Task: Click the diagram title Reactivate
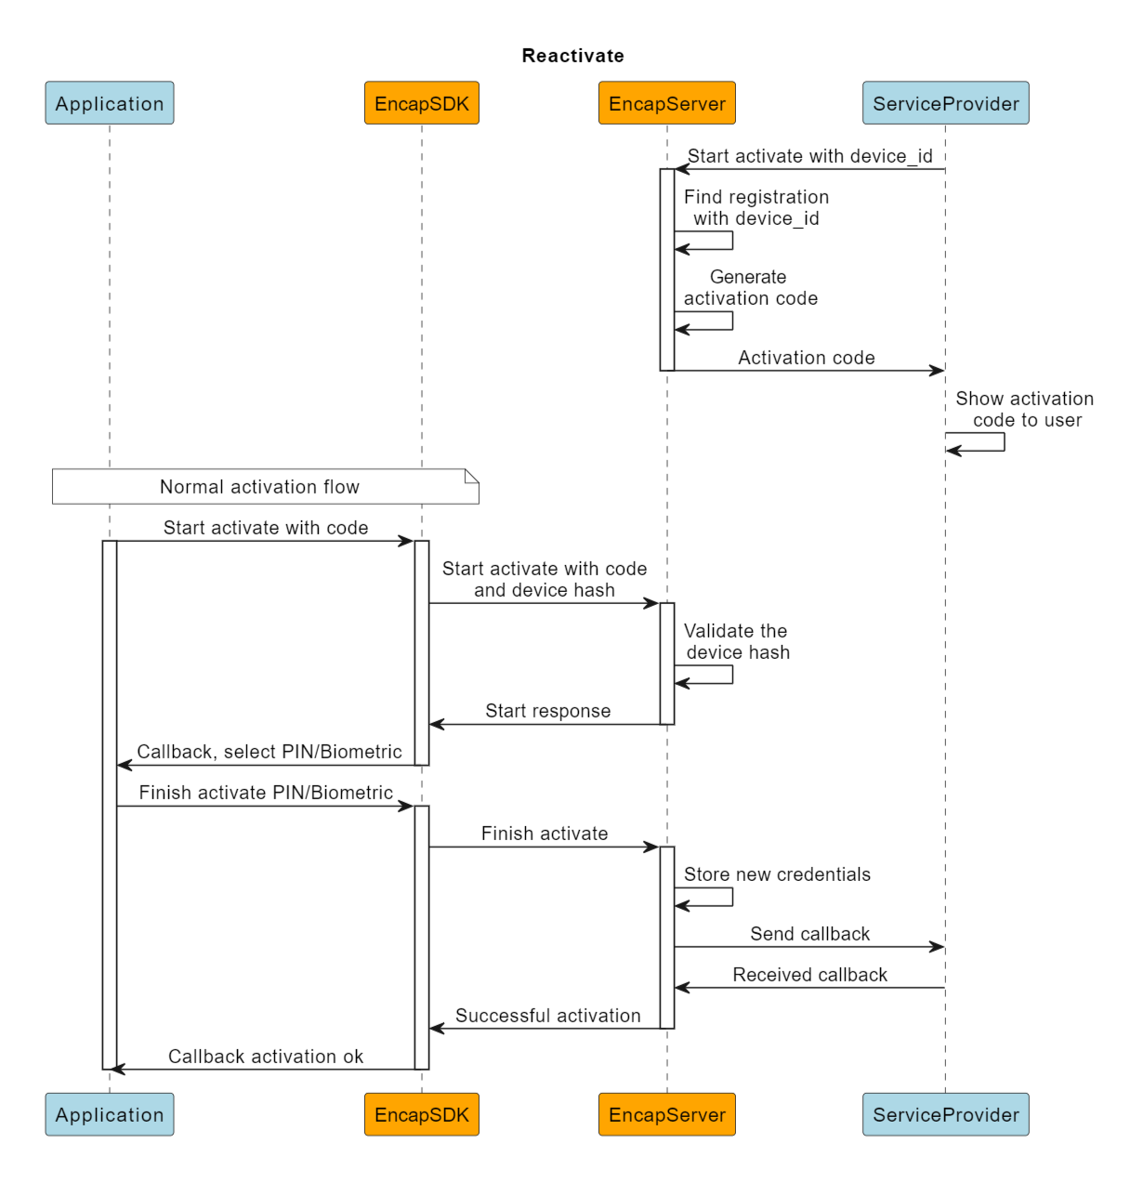click(572, 56)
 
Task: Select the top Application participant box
click(110, 103)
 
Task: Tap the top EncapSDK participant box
click(421, 103)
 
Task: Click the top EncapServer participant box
click(666, 103)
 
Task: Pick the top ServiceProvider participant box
click(945, 103)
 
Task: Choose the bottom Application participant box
click(110, 1114)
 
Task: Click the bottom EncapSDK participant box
click(421, 1114)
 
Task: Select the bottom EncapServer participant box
click(666, 1114)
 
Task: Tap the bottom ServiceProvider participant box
click(945, 1114)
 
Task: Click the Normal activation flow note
click(260, 487)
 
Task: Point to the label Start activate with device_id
click(809, 156)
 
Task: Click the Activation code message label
click(806, 358)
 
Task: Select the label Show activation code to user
click(1024, 409)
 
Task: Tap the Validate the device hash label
click(737, 641)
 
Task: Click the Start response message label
click(547, 711)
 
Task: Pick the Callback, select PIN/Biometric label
click(269, 752)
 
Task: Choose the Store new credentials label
click(777, 874)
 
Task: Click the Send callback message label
click(809, 934)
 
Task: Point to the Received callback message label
click(809, 975)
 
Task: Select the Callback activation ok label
click(266, 1057)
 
